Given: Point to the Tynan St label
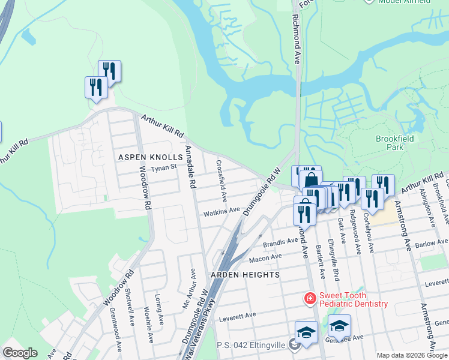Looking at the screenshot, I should pos(164,168).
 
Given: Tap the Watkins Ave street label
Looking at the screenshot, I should pos(221,212).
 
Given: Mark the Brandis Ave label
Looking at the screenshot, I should pos(281,244).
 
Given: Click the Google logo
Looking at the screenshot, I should pos(20,353).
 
